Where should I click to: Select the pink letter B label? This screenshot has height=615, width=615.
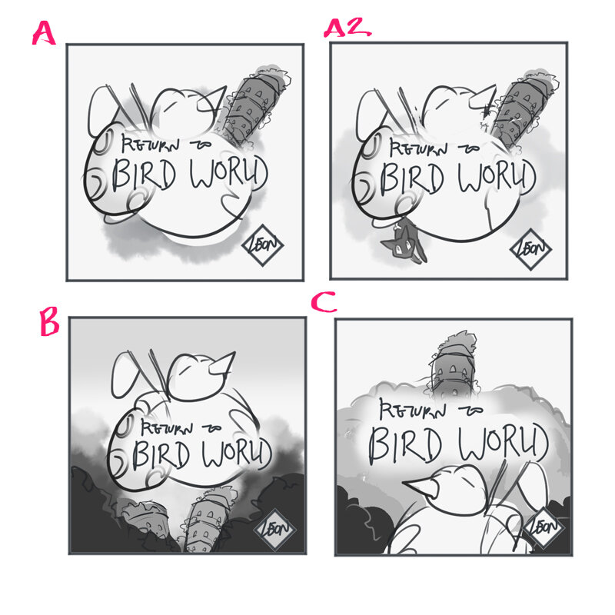point(48,324)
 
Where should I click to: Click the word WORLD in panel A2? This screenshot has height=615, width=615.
point(490,178)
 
